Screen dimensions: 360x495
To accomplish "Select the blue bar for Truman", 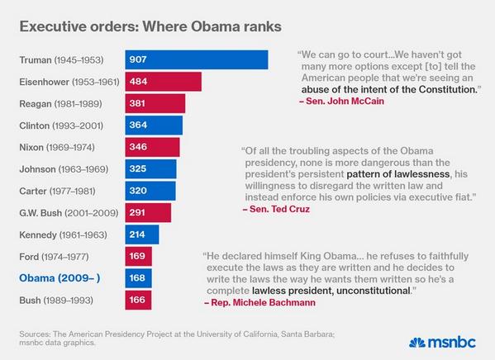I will coord(197,60).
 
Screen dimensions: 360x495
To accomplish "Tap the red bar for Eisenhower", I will coord(164,82).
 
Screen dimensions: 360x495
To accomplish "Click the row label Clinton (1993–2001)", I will coord(56,126).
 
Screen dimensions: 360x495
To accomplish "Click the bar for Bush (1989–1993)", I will coord(138,301).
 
